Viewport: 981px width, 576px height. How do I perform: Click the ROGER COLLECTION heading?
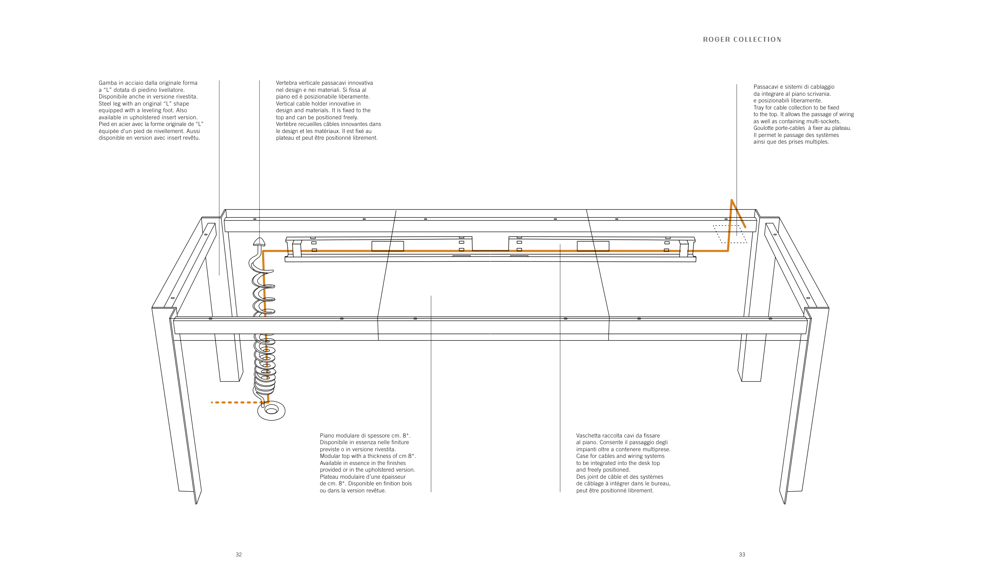click(x=742, y=40)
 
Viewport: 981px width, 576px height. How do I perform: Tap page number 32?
click(x=239, y=554)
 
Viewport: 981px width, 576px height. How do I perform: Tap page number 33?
click(x=742, y=554)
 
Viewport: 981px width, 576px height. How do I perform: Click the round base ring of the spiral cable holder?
click(x=271, y=411)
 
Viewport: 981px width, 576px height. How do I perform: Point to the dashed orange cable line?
click(x=235, y=403)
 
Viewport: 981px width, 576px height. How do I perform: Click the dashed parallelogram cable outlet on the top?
click(x=730, y=234)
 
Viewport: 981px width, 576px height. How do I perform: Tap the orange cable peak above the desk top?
click(x=732, y=201)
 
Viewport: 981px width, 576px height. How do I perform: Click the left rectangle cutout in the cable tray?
click(x=388, y=246)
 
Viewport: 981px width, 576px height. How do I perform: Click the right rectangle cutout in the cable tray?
click(x=593, y=246)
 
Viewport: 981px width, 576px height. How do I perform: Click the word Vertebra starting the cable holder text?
click(x=288, y=83)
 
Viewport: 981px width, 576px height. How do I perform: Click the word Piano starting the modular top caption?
click(x=327, y=436)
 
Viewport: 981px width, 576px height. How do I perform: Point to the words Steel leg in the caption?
click(x=109, y=104)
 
